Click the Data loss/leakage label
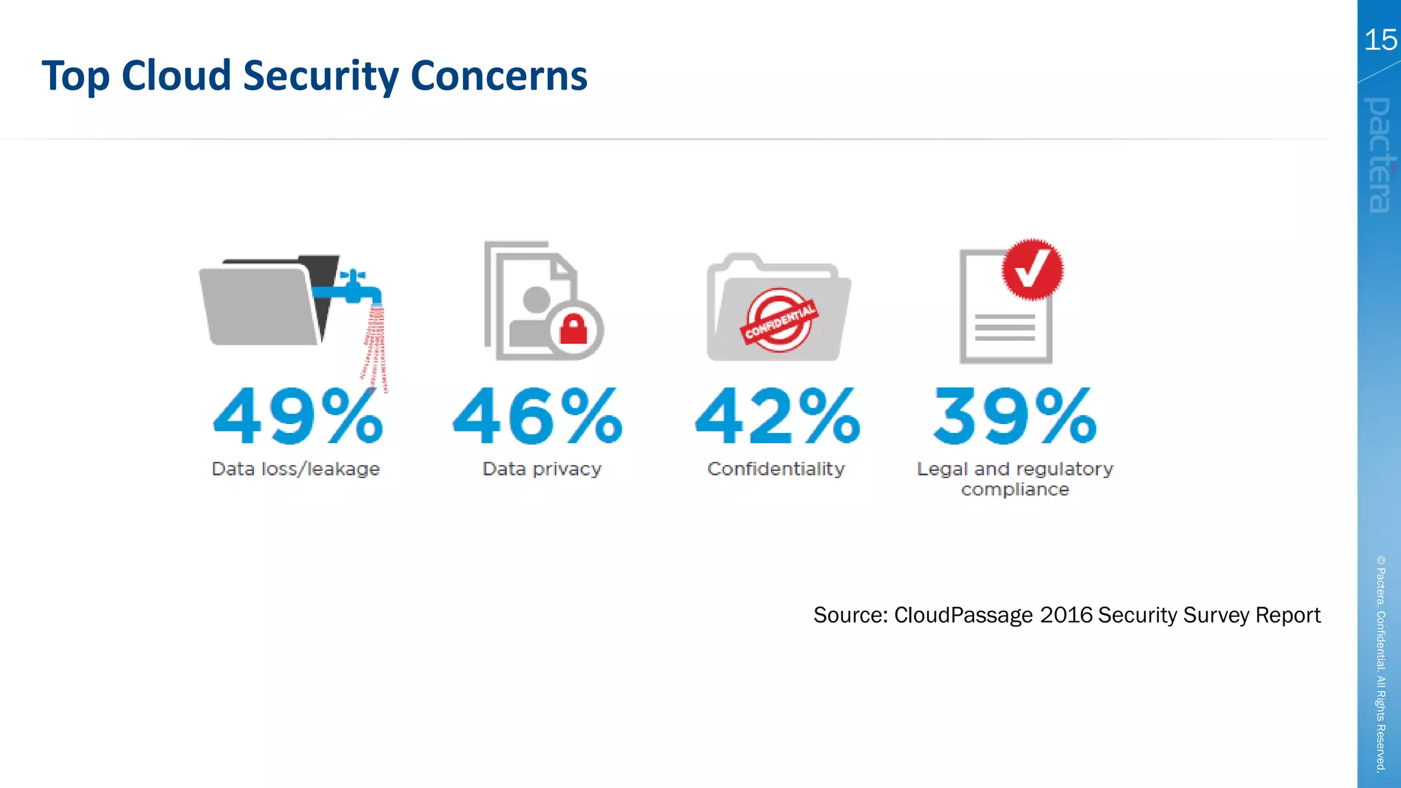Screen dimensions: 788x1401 [x=296, y=469]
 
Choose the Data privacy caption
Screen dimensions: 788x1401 [x=542, y=469]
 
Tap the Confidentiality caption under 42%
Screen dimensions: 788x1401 [x=776, y=469]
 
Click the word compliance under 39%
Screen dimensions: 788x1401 [x=1014, y=490]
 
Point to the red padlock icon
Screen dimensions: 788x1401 [x=573, y=329]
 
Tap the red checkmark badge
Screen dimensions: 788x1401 [x=1032, y=269]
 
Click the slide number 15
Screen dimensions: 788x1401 [x=1380, y=40]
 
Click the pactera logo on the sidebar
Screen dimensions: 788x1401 [x=1380, y=155]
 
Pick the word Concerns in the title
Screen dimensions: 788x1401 [x=499, y=75]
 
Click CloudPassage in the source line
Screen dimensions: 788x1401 [x=963, y=615]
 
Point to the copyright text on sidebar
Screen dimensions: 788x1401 [x=1380, y=664]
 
